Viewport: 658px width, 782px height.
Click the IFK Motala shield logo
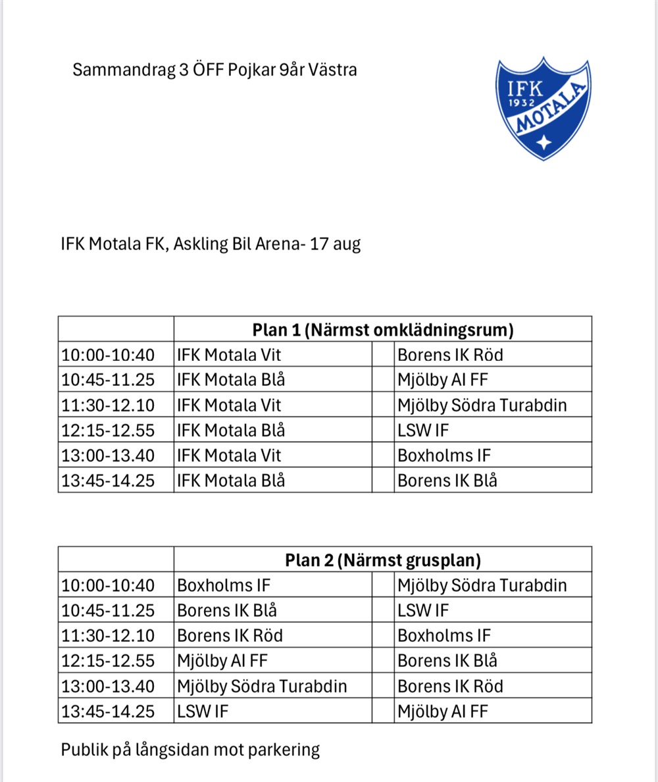pyautogui.click(x=543, y=109)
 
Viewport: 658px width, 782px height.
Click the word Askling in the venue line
pyautogui.click(x=201, y=245)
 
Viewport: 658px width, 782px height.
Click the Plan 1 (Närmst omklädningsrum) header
pyautogui.click(x=382, y=330)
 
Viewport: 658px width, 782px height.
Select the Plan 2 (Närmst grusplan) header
pyautogui.click(x=382, y=560)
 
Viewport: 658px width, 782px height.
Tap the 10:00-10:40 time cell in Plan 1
pyautogui.click(x=108, y=355)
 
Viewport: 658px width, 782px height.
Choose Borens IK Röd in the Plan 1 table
pyautogui.click(x=450, y=355)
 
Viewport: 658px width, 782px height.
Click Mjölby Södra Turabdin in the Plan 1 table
pyautogui.click(x=482, y=405)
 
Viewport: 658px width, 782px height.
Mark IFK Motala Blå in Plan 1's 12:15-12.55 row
pyautogui.click(x=231, y=430)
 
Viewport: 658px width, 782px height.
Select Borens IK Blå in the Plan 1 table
pyautogui.click(x=447, y=481)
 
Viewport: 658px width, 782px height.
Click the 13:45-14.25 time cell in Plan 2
pyautogui.click(x=108, y=711)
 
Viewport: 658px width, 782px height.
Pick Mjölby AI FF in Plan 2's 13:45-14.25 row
pyautogui.click(x=443, y=711)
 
